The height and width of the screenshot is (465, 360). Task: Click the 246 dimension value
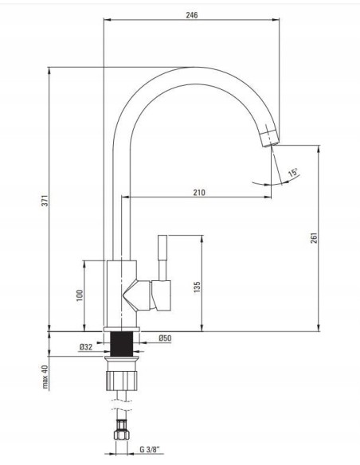pos(192,15)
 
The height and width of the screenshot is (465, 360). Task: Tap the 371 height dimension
pos(44,201)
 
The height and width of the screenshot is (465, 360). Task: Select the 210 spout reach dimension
pos(199,193)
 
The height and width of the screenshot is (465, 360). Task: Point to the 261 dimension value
pos(314,238)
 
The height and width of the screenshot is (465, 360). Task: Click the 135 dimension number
pos(197,287)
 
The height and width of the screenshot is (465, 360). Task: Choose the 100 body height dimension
pos(80,295)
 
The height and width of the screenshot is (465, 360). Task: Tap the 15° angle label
pos(293,172)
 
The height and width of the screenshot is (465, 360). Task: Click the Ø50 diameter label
pos(165,338)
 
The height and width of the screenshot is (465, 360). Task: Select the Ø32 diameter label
pos(86,346)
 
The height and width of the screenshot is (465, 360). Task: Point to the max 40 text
pos(45,377)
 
